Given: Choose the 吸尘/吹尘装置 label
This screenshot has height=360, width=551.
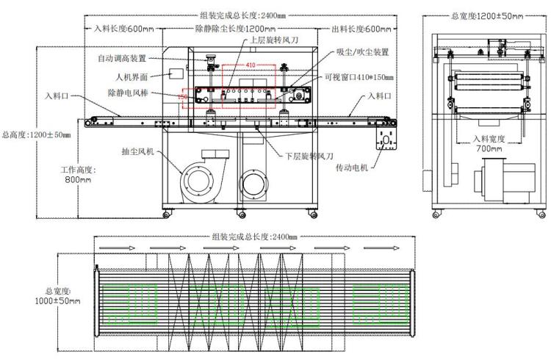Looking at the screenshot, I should (361, 52).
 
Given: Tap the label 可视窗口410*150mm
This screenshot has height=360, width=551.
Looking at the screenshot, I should (359, 78).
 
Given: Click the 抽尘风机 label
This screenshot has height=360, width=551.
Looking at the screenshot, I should (137, 152).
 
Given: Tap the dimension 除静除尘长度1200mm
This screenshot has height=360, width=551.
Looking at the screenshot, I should (240, 29).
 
